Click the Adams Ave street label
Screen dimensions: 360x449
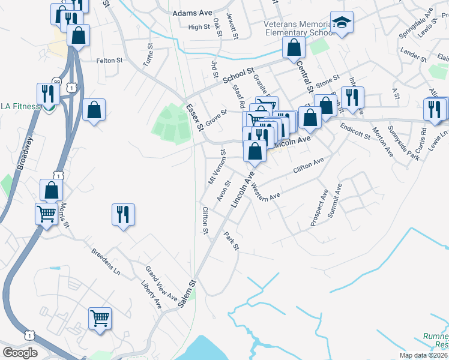(192, 13)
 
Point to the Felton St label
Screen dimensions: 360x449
(109, 61)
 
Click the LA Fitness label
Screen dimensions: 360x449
(18, 106)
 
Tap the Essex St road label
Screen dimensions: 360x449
(194, 116)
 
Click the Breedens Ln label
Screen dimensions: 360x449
(106, 261)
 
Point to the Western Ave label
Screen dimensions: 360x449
(267, 193)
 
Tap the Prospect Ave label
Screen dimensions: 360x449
(319, 208)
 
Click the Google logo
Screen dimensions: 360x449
(21, 353)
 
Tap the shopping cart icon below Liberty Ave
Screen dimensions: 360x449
(100, 318)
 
